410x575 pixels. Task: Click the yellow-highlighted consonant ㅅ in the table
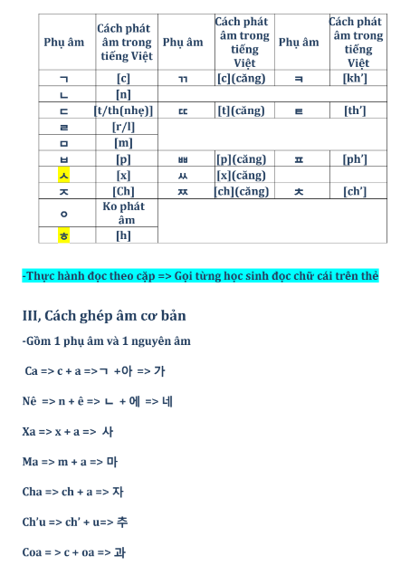point(64,175)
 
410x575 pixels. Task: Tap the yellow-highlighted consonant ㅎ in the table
point(64,235)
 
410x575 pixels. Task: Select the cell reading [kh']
point(355,78)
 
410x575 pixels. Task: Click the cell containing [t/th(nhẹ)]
point(124,110)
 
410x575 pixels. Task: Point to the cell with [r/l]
point(124,127)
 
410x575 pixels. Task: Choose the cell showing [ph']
point(355,159)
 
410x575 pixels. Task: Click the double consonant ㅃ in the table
point(184,159)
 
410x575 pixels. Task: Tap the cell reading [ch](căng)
point(243,191)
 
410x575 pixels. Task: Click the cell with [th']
point(355,110)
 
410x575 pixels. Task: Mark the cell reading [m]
point(124,143)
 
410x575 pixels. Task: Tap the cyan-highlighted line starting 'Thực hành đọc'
point(200,276)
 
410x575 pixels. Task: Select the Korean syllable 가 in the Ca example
point(159,371)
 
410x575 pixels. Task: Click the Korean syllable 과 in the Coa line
point(119,551)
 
